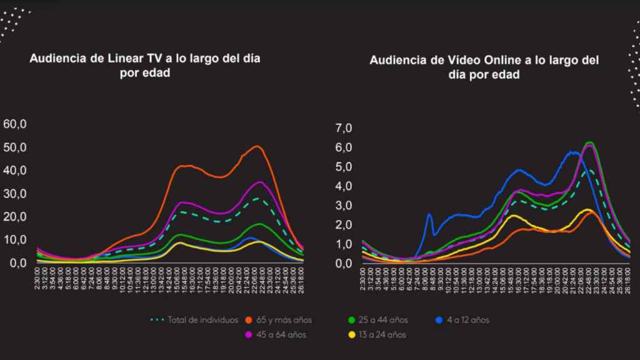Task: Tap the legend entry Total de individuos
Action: click(198, 320)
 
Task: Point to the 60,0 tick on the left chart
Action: click(15, 124)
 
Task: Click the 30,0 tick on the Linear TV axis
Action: click(15, 194)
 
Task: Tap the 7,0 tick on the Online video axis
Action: click(344, 128)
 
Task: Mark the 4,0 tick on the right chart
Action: click(344, 186)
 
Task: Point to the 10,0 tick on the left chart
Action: click(15, 240)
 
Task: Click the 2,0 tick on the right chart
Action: click(344, 225)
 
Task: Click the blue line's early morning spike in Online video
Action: click(429, 214)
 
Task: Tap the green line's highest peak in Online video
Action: click(589, 142)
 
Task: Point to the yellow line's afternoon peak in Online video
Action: click(512, 216)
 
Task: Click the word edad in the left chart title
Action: click(159, 73)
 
